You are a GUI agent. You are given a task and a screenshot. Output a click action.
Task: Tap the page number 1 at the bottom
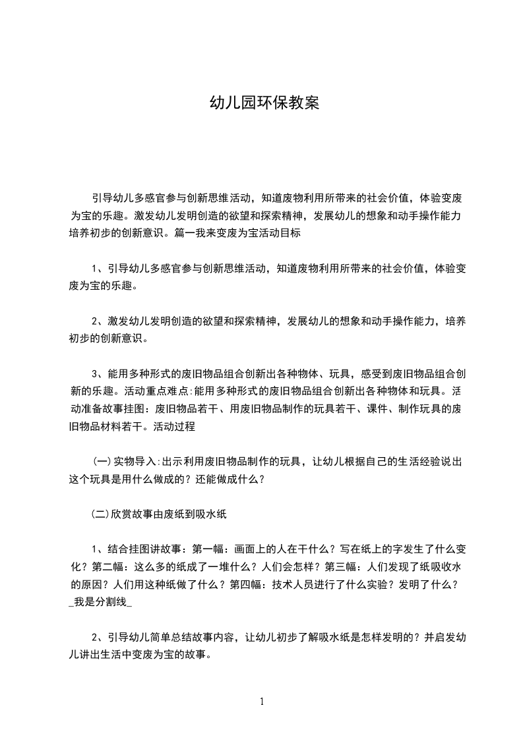coord(262,701)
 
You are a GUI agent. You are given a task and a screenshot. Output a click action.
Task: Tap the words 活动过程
coord(174,426)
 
